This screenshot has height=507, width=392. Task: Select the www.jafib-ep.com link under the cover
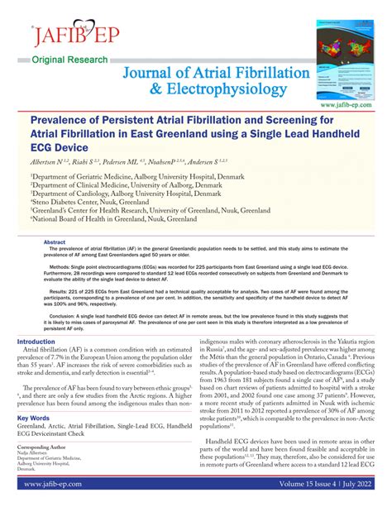coord(356,105)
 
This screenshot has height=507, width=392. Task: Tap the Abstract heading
coord(55,242)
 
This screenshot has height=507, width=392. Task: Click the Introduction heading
coord(36,342)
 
